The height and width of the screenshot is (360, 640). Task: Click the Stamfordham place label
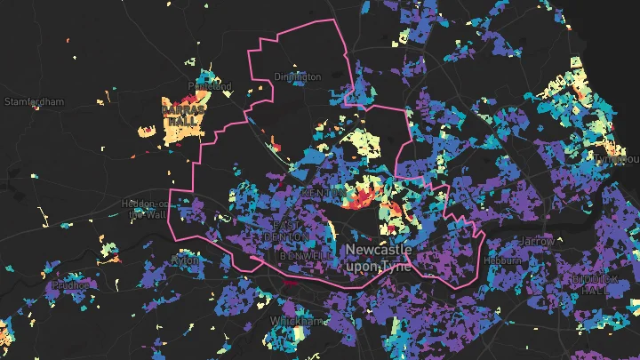coord(34,102)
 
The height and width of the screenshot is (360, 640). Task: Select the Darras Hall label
coord(184,112)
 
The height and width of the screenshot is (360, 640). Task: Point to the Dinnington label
coord(298,77)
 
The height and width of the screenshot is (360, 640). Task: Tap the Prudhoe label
coord(71,285)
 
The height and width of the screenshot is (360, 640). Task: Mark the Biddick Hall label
coord(589,284)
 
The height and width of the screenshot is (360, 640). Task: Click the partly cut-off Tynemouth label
coord(621,159)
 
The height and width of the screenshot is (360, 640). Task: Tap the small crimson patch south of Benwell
coord(293,283)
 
